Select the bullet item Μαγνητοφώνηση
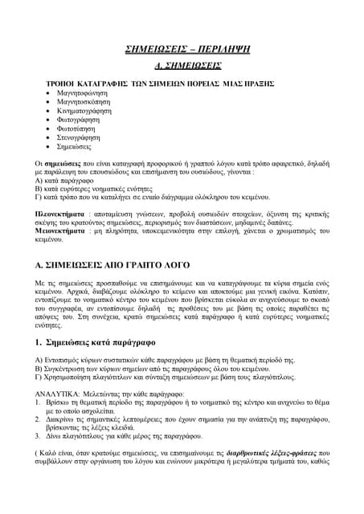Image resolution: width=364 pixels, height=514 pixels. (x=81, y=94)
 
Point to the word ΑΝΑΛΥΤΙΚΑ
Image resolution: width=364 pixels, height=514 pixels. (x=57, y=394)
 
